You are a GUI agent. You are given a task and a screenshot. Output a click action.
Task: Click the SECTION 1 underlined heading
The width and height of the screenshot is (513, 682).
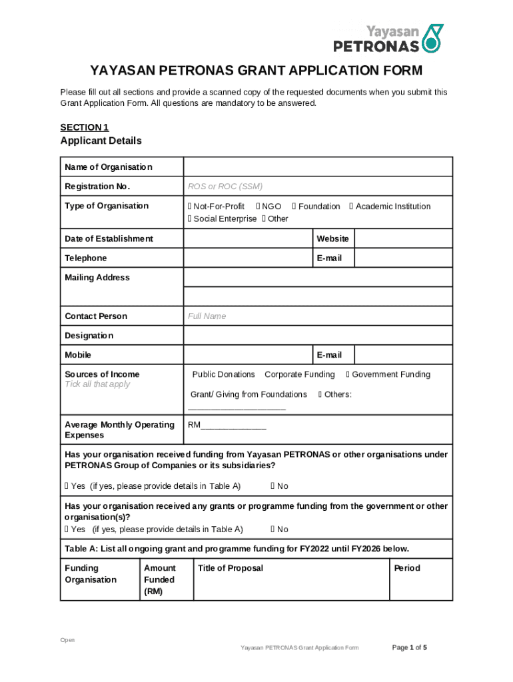pyautogui.click(x=84, y=127)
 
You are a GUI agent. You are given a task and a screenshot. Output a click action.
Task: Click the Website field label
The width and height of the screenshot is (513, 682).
pyautogui.click(x=332, y=238)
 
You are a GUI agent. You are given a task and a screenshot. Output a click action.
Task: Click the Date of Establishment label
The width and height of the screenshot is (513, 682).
pyautogui.click(x=109, y=238)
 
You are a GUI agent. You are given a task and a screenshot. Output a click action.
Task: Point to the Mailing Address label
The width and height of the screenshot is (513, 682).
pyautogui.click(x=97, y=277)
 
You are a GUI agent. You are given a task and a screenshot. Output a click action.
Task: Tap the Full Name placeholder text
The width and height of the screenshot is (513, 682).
pyautogui.click(x=207, y=316)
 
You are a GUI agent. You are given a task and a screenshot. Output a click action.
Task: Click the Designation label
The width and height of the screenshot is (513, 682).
pyautogui.click(x=89, y=336)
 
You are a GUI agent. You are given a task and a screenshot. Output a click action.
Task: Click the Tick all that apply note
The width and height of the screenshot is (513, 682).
pyautogui.click(x=97, y=384)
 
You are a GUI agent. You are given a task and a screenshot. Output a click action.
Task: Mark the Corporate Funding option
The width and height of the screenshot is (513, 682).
pyautogui.click(x=299, y=374)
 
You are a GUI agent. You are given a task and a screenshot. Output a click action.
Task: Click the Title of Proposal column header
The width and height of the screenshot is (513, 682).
pyautogui.click(x=230, y=568)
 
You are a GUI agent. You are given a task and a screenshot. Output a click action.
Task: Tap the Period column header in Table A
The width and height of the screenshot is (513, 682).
pyautogui.click(x=407, y=568)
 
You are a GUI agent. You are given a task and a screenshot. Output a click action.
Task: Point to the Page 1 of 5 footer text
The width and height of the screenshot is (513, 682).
pyautogui.click(x=409, y=647)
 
